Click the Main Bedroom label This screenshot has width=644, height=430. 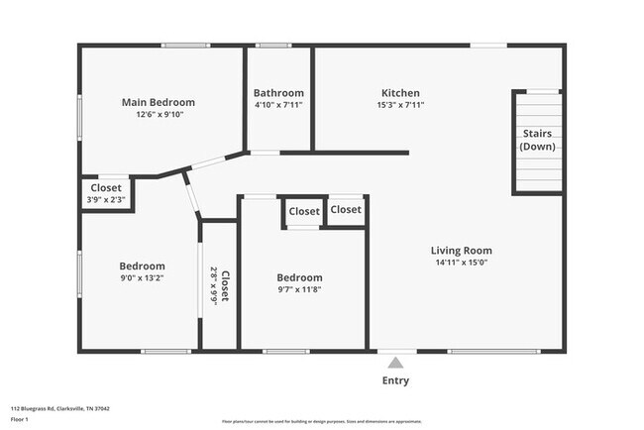pyautogui.click(x=158, y=102)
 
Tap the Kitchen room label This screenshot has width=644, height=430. pyautogui.click(x=400, y=93)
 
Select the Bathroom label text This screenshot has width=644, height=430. pyautogui.click(x=278, y=93)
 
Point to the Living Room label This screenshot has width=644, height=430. pyautogui.click(x=461, y=251)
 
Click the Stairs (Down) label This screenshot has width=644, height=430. pyautogui.click(x=536, y=140)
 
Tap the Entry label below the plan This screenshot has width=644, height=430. pyautogui.click(x=395, y=380)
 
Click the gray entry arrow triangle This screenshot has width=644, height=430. pyautogui.click(x=395, y=363)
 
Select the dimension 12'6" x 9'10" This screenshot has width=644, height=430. pyautogui.click(x=158, y=115)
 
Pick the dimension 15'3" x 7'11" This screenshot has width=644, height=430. pyautogui.click(x=400, y=106)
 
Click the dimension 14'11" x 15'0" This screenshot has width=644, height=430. pyautogui.click(x=461, y=264)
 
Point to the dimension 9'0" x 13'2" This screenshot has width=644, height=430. pyautogui.click(x=142, y=278)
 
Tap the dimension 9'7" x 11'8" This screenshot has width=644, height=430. pyautogui.click(x=299, y=290)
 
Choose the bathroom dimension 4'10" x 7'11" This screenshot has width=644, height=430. pyautogui.click(x=278, y=106)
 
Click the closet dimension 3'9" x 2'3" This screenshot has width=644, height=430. pyautogui.click(x=106, y=200)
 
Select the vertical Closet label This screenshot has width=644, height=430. pyautogui.click(x=226, y=285)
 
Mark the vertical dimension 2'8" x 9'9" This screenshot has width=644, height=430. pyautogui.click(x=213, y=285)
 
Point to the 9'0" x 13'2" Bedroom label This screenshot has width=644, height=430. pyautogui.click(x=142, y=266)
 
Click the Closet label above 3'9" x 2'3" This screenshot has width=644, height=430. pyautogui.click(x=106, y=187)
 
